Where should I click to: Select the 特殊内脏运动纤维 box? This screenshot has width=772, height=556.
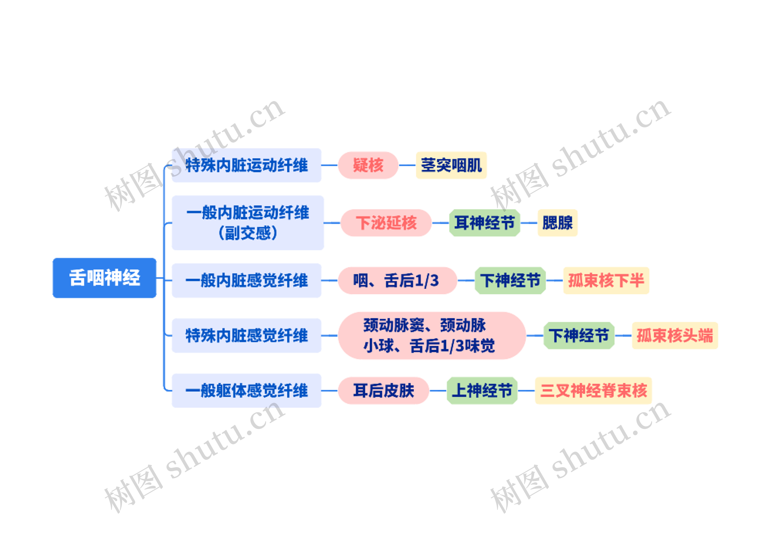pyautogui.click(x=246, y=165)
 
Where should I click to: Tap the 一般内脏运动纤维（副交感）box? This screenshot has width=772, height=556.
pyautogui.click(x=248, y=223)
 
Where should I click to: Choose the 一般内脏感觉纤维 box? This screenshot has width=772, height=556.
pyautogui.click(x=246, y=281)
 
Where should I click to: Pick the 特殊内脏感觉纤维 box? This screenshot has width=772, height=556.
pyautogui.click(x=246, y=335)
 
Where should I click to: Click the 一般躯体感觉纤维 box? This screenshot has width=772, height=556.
pyautogui.click(x=246, y=391)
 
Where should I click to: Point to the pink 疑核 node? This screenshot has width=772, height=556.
pyautogui.click(x=368, y=165)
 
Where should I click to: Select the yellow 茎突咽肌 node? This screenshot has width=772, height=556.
pyautogui.click(x=451, y=165)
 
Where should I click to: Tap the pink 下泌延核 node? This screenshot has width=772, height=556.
pyautogui.click(x=386, y=223)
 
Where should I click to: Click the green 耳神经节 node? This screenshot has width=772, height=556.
pyautogui.click(x=484, y=223)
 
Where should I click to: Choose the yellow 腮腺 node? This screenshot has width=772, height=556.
pyautogui.click(x=557, y=223)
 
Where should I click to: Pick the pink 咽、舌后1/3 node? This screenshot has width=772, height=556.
pyautogui.click(x=397, y=281)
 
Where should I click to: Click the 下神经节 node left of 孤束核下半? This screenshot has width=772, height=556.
pyautogui.click(x=510, y=281)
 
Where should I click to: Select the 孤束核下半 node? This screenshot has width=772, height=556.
pyautogui.click(x=606, y=281)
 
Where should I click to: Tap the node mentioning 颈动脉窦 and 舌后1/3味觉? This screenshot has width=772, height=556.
pyautogui.click(x=432, y=335)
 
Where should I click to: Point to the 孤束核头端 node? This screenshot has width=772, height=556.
pyautogui.click(x=675, y=335)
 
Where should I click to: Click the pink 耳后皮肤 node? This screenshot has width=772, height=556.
pyautogui.click(x=383, y=391)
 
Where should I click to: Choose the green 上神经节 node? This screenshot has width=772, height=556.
pyautogui.click(x=482, y=391)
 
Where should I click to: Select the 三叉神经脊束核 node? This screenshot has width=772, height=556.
pyautogui.click(x=593, y=391)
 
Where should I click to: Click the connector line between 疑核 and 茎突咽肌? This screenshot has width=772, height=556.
pyautogui.click(x=407, y=165)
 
